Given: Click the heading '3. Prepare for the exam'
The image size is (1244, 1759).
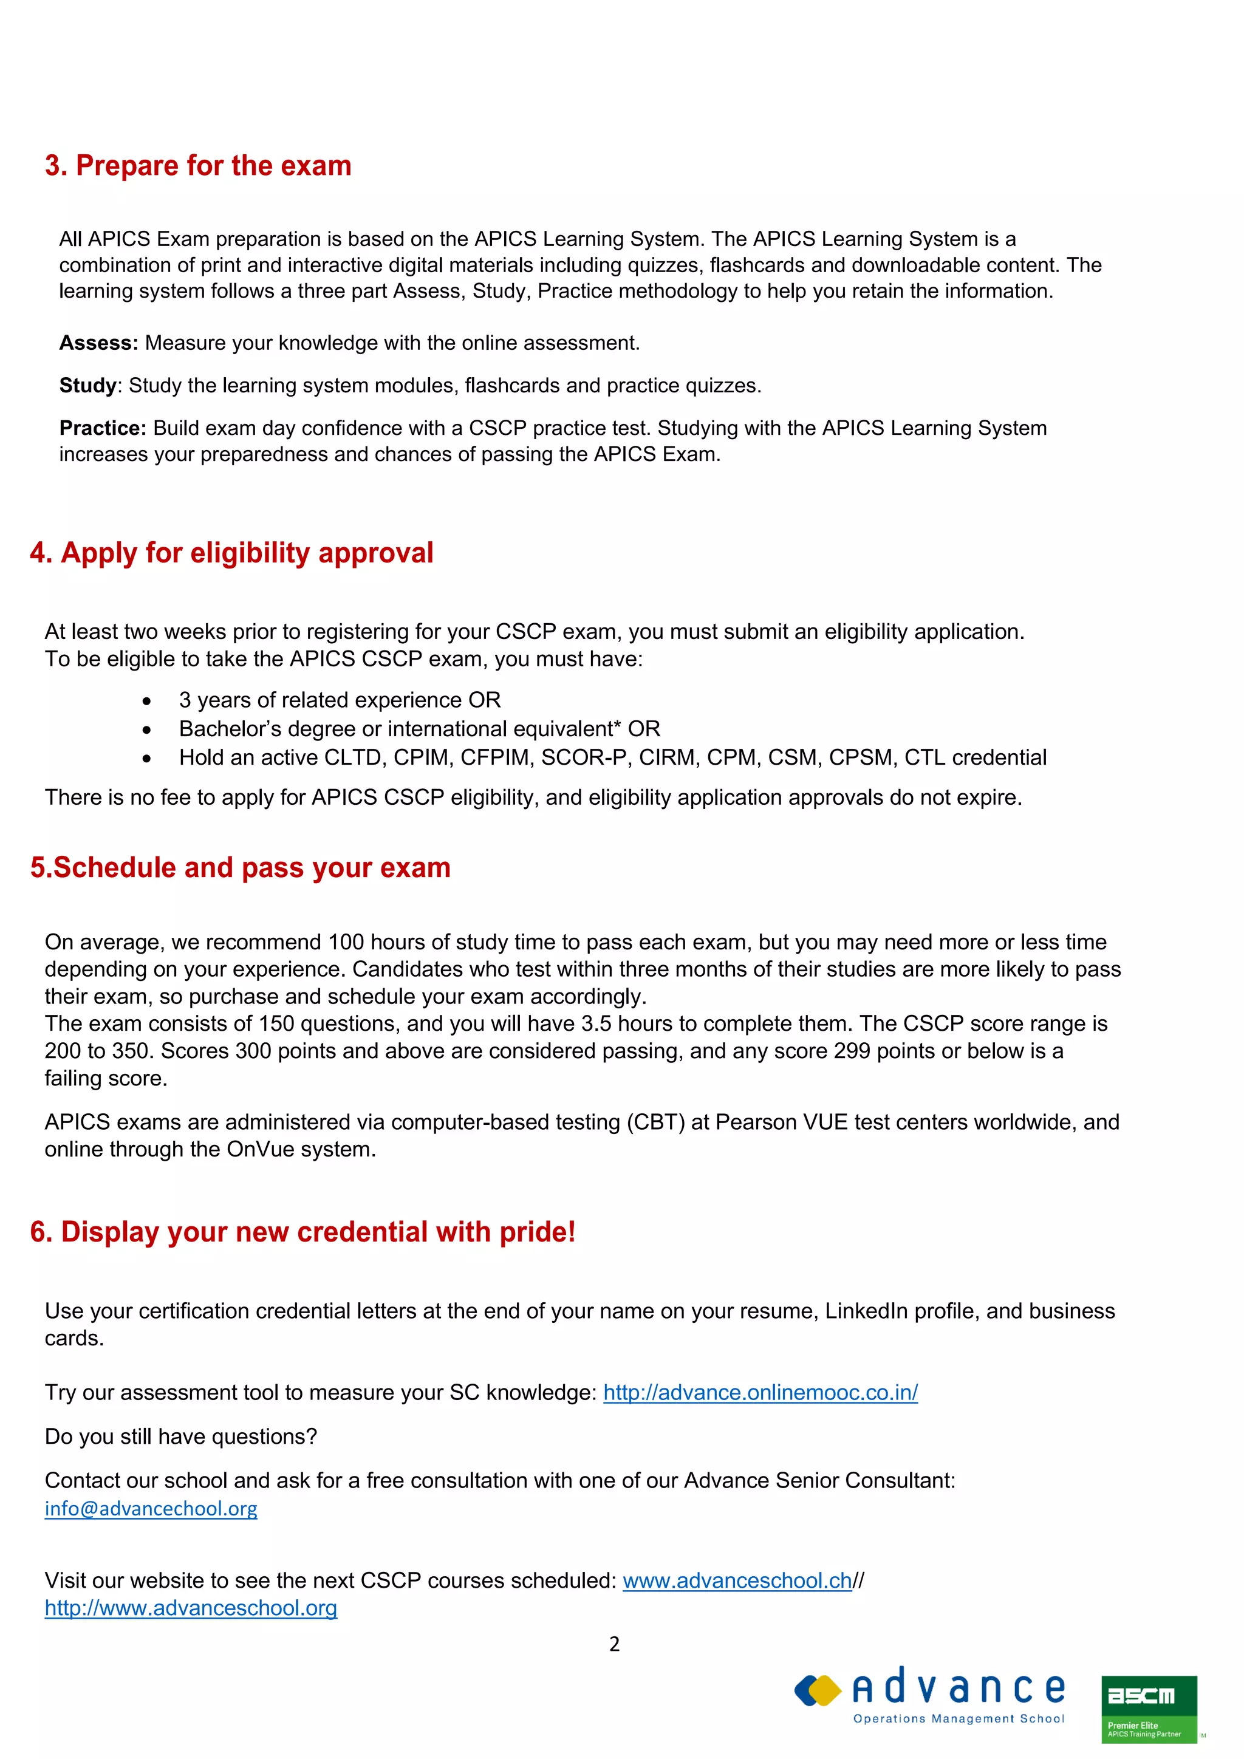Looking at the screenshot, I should (197, 165).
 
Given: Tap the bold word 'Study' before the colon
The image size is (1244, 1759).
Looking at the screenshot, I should (88, 385).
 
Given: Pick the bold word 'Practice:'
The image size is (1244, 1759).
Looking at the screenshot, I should (103, 428).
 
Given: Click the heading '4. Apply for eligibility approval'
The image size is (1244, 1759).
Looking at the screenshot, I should (231, 552).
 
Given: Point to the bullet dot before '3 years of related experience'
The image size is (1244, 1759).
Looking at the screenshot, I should (146, 701).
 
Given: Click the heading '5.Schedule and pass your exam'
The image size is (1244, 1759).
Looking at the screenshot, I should (241, 867).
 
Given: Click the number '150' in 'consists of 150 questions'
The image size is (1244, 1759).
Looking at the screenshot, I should (276, 1023).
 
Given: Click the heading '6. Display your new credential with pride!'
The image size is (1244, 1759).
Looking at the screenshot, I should (302, 1232).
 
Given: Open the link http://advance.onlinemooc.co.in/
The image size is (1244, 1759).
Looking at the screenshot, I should (760, 1392).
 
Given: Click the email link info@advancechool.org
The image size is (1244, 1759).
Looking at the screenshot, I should (151, 1509).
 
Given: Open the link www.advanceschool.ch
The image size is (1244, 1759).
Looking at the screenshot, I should (737, 1580).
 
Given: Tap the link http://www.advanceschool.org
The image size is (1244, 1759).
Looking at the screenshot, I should (191, 1608).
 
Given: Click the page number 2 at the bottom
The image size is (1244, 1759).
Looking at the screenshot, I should (614, 1644).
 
